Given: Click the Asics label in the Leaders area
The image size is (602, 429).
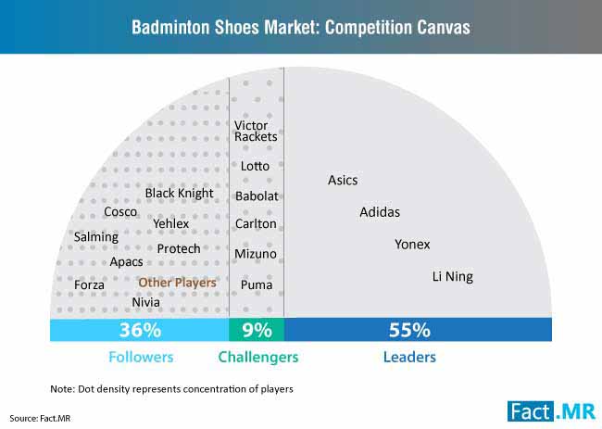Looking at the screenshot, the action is (x=343, y=180).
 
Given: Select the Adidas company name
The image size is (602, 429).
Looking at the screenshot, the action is (x=380, y=212).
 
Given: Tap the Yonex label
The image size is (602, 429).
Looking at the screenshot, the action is (x=412, y=245).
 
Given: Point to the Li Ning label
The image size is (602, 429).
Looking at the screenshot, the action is (x=453, y=276).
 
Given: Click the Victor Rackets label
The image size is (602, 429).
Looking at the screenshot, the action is (x=256, y=131).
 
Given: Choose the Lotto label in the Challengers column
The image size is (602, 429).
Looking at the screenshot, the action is (x=255, y=166).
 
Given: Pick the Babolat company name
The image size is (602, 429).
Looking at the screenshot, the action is (x=257, y=196).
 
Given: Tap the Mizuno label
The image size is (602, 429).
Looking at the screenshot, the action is (x=256, y=254).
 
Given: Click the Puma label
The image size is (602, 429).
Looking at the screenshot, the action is (x=257, y=285).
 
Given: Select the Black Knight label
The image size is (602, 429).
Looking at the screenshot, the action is (x=180, y=193).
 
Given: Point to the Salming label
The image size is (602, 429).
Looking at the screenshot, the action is (x=96, y=237).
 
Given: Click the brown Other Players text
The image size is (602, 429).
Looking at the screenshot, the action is (x=178, y=283).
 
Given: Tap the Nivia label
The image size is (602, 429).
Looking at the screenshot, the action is (x=146, y=303).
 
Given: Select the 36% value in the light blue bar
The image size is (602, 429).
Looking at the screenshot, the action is (x=140, y=330).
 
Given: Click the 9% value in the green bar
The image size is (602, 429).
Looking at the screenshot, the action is (x=257, y=330).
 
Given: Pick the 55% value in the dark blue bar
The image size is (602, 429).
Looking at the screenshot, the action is (x=409, y=330).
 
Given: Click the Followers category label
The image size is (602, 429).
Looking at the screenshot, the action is (x=141, y=357).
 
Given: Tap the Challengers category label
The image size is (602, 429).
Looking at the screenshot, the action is (x=258, y=358).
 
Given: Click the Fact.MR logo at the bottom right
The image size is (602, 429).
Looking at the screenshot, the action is (x=552, y=411).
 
